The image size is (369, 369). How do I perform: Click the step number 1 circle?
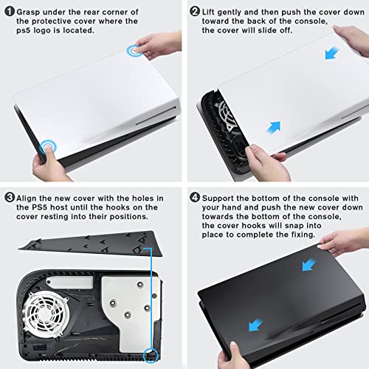click(10, 12)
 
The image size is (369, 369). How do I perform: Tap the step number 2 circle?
click(195, 11)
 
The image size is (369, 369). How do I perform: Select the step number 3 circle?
click(10, 198)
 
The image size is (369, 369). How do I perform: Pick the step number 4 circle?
click(195, 198)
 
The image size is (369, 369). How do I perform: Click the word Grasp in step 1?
click(28, 12)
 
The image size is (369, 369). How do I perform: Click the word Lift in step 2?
click(208, 12)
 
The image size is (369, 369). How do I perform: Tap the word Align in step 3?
click(27, 199)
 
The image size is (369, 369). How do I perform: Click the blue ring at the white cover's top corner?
click(135, 51)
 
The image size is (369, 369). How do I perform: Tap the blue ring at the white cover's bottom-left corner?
click(48, 147)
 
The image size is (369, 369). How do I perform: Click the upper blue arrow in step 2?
click(331, 53)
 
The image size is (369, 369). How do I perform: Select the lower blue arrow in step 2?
click(274, 128)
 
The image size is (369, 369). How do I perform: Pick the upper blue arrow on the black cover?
click(309, 265)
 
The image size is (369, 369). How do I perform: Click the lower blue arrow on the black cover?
click(255, 325)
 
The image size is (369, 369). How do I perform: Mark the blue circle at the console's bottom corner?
click(151, 355)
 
